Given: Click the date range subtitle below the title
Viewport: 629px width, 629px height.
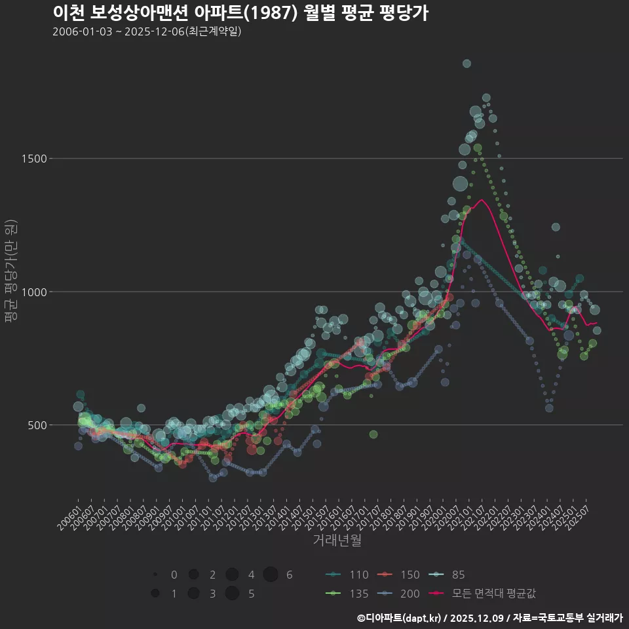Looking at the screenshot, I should (147, 31).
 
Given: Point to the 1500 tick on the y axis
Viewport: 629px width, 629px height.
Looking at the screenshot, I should (34, 159).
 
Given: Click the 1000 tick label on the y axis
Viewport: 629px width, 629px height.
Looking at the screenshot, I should (34, 292).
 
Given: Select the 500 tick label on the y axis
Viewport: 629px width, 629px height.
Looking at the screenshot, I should (37, 425).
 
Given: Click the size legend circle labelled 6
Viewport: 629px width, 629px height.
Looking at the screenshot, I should (271, 575).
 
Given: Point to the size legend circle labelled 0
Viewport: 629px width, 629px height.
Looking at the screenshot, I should (155, 575).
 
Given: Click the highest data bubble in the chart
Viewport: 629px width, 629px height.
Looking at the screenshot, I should (467, 64).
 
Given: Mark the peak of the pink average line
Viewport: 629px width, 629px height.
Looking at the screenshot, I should (482, 200).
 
